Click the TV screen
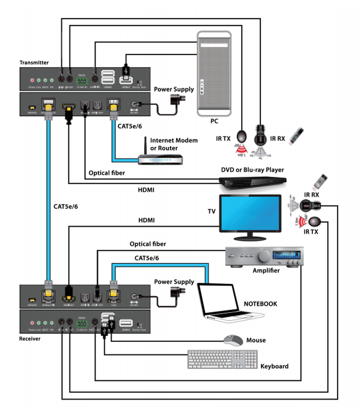[250, 213]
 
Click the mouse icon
[233, 340]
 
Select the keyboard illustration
[222, 359]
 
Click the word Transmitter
[34, 63]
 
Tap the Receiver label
[30, 339]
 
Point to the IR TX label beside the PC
[223, 139]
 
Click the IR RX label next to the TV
[312, 195]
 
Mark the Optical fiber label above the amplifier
[148, 244]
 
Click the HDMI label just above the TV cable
[147, 220]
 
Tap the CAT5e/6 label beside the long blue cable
[66, 206]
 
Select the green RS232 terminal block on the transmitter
[82, 81]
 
